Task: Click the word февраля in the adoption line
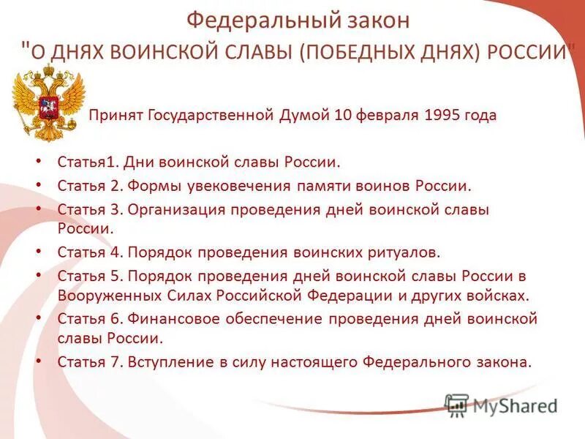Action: click(382, 116)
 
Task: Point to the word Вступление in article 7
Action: click(170, 361)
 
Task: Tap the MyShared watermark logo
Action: click(501, 403)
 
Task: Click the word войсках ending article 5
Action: click(499, 296)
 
